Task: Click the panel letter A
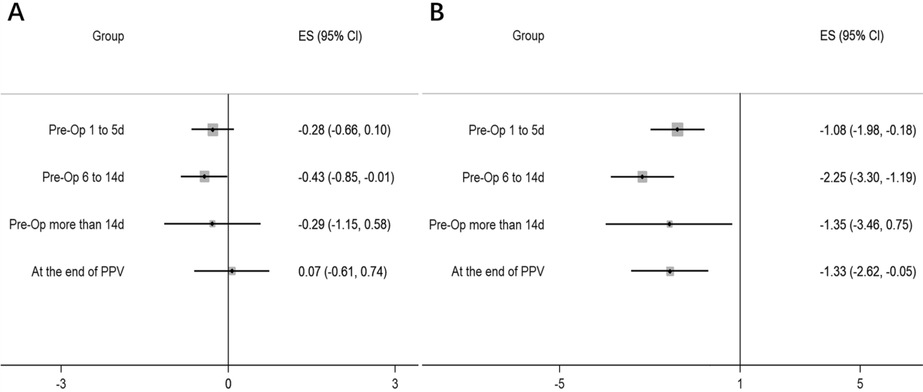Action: [x=16, y=12]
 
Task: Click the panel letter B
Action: [x=436, y=12]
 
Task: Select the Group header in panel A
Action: [x=108, y=36]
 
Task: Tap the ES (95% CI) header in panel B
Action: [x=852, y=36]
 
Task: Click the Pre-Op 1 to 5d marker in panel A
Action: [x=213, y=129]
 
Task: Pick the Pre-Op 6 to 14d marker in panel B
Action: [x=642, y=177]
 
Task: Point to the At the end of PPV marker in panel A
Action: [x=232, y=271]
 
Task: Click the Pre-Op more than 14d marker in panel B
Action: [x=670, y=224]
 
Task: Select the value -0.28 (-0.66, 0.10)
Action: [x=344, y=130]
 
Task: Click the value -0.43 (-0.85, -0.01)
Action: [x=346, y=177]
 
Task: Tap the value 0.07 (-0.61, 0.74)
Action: [x=343, y=272]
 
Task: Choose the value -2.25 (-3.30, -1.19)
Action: [x=868, y=177]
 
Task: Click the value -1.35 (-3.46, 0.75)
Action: [x=866, y=225]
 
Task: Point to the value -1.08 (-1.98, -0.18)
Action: [x=868, y=130]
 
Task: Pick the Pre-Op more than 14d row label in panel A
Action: [x=67, y=225]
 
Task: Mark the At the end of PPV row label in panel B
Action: [x=497, y=272]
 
